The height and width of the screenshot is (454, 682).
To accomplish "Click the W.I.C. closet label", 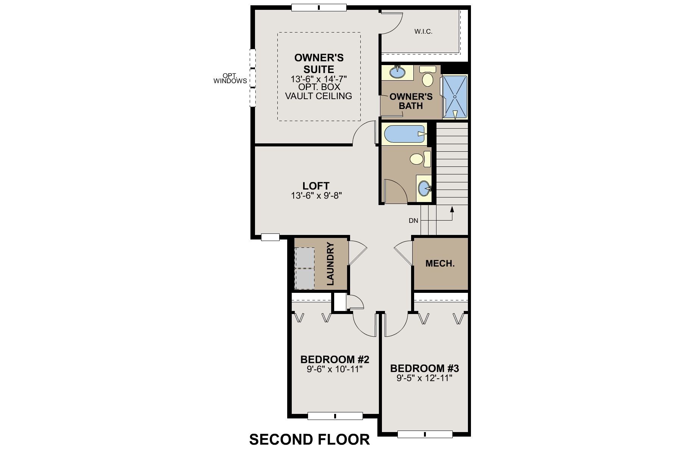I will click(423, 31).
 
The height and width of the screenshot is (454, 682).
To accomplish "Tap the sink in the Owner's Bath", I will click(397, 72).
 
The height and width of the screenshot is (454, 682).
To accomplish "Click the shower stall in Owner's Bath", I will click(455, 96).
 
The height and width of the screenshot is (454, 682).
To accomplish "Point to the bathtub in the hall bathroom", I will click(404, 134).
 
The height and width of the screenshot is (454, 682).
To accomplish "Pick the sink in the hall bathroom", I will click(424, 188).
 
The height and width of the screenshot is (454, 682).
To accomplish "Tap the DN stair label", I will click(413, 221).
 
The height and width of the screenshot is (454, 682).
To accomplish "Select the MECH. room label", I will click(440, 263).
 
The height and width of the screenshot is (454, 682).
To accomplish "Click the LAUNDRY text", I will click(330, 264).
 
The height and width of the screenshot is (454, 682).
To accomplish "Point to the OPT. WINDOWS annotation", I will click(230, 78).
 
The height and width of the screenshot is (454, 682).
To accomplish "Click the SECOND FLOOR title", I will click(309, 439).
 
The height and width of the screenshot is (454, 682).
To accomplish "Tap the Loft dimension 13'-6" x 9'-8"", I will click(316, 196).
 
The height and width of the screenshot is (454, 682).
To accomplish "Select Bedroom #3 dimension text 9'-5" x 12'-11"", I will click(425, 378).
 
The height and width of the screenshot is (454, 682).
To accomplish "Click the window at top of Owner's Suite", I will click(319, 7).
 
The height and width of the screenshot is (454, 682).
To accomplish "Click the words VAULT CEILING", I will click(318, 96).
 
